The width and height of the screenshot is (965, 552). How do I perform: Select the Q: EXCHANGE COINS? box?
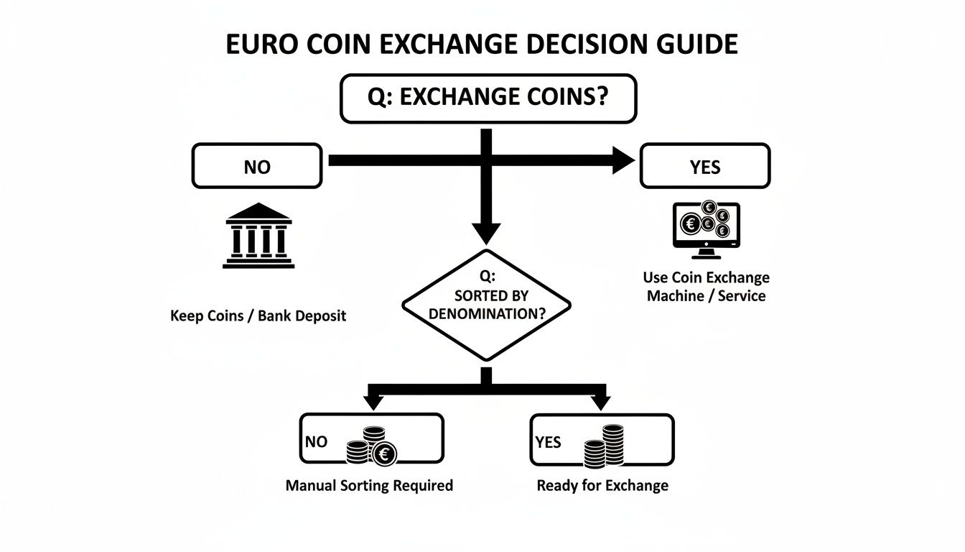pyautogui.click(x=488, y=98)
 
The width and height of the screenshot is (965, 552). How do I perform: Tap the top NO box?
pyautogui.click(x=256, y=166)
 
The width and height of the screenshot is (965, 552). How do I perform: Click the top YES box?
pyautogui.click(x=704, y=166)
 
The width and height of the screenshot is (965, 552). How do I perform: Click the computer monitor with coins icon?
pyautogui.click(x=706, y=229)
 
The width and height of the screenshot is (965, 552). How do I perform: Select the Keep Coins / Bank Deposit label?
pyautogui.click(x=258, y=316)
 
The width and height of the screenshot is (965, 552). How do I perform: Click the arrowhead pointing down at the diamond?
pyautogui.click(x=487, y=232)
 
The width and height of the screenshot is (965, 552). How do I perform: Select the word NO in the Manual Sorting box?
pyautogui.click(x=316, y=441)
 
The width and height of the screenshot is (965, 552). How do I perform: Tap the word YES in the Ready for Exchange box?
pyautogui.click(x=548, y=441)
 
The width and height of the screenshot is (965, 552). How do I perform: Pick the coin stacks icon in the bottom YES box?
pyautogui.click(x=604, y=446)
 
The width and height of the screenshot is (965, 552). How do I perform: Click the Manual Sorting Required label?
pyautogui.click(x=369, y=485)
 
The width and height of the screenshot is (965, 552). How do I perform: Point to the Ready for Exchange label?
pyautogui.click(x=602, y=485)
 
